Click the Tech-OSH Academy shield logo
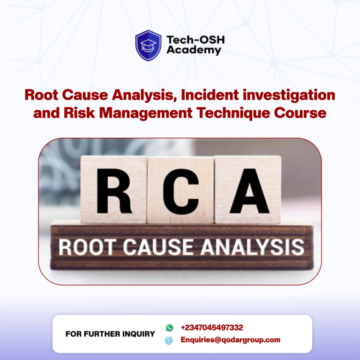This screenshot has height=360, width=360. [149, 45]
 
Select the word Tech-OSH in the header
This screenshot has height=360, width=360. [195, 40]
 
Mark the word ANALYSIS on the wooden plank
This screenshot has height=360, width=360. [252, 247]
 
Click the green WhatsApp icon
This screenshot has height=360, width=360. [169, 328]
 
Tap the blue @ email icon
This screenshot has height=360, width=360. [169, 340]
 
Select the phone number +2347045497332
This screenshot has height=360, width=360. [212, 328]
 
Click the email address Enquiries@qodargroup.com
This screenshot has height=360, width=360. [231, 340]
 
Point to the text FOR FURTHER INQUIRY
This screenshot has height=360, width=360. [110, 334]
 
